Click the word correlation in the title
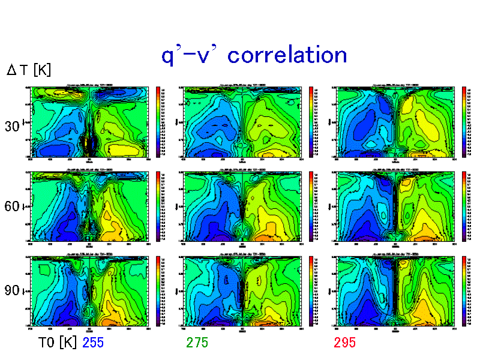pos(288,55)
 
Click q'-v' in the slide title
pos(191,55)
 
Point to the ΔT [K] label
pos(29,70)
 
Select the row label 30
pos(12,127)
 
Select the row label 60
pos(12,207)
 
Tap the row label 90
pos(12,291)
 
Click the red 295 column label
pos(345,343)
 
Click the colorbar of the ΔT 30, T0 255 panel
pos(158,122)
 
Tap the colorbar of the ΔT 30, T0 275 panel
pos(311,122)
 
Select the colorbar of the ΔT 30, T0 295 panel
pos(464,122)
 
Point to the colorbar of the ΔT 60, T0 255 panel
pos(158,206)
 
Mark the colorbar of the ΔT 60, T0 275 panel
pos(311,206)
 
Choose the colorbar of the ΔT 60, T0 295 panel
pos(464,206)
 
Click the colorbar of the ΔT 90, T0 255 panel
pos(158,291)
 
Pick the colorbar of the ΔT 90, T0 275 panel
pos(311,291)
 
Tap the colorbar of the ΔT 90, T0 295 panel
pos(464,291)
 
